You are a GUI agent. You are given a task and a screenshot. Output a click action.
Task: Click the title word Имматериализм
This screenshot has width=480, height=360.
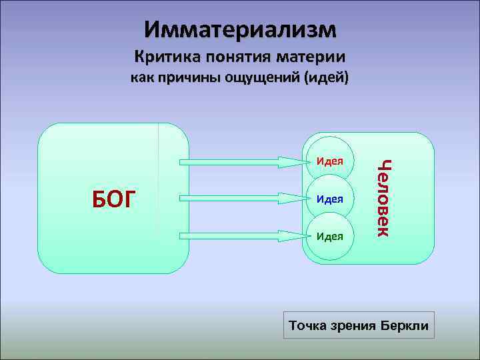pyautogui.click(x=240, y=29)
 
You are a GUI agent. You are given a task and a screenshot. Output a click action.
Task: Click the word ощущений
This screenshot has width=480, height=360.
pyautogui.click(x=260, y=79)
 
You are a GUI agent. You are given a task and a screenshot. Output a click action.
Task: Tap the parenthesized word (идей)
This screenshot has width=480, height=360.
pyautogui.click(x=326, y=79)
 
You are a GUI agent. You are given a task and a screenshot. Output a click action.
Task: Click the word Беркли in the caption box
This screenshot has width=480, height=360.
pyautogui.click(x=405, y=326)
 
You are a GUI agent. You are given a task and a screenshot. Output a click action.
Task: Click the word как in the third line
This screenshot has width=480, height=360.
pyautogui.click(x=141, y=79)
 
